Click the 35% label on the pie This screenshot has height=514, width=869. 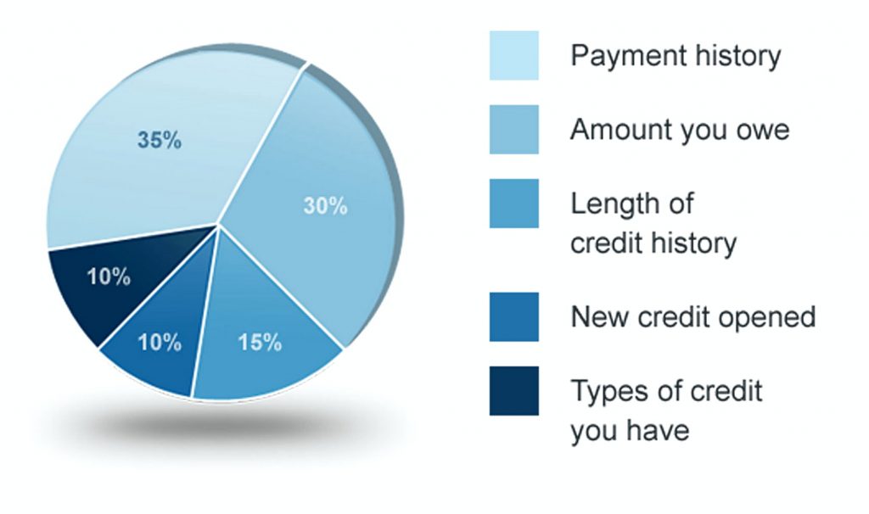click(x=160, y=140)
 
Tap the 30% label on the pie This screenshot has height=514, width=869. click(x=325, y=206)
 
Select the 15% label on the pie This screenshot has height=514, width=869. click(x=259, y=343)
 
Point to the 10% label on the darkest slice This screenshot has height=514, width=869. click(x=109, y=277)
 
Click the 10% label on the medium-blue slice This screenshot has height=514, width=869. click(x=160, y=343)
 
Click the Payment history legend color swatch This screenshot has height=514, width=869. click(x=513, y=56)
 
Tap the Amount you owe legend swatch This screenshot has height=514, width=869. click(x=513, y=130)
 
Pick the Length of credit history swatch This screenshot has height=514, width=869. click(x=513, y=204)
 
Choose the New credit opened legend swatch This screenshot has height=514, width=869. click(x=513, y=317)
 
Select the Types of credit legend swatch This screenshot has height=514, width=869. click(x=513, y=391)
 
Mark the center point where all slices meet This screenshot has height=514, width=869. click(x=218, y=224)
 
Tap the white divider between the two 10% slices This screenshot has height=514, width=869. click(x=160, y=283)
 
